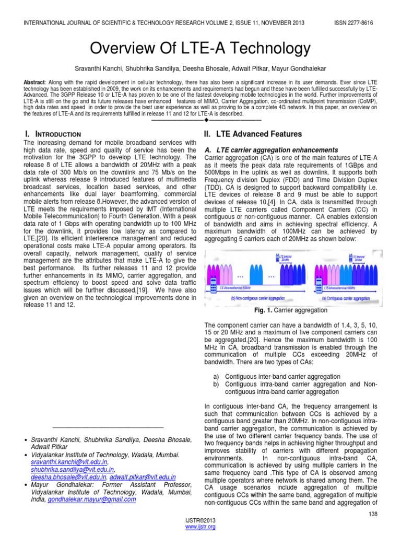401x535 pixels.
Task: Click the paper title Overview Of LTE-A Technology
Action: click(200, 49)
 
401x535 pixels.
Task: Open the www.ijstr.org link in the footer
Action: click(200, 527)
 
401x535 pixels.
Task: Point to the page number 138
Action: click(373, 515)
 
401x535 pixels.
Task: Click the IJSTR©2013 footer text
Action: click(200, 521)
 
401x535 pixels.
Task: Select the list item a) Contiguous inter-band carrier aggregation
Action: click(277, 376)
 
